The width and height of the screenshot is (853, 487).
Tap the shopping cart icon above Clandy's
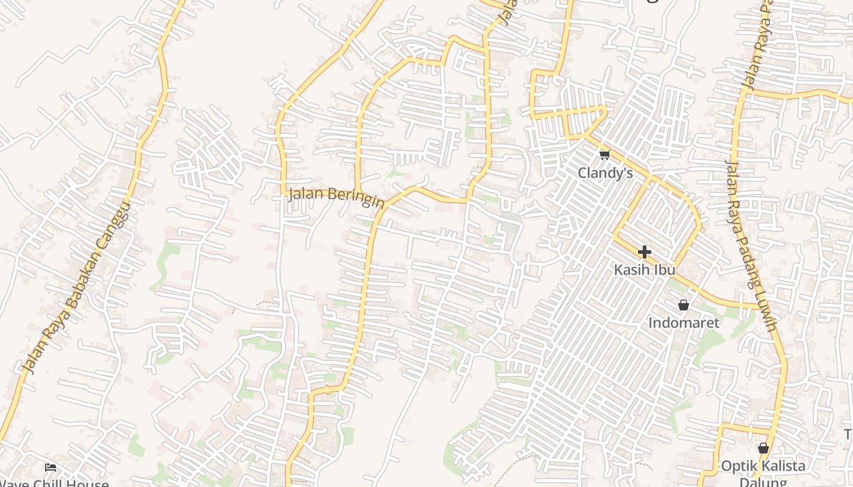click(x=604, y=155)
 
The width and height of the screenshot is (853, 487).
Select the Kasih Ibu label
click(x=645, y=270)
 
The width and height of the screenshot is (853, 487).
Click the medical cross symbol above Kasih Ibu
click(x=645, y=252)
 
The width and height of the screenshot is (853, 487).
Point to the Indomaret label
click(x=684, y=323)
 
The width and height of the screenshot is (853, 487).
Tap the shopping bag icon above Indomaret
click(x=684, y=305)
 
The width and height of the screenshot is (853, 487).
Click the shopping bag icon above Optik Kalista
click(x=763, y=449)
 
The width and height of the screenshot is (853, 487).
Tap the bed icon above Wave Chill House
click(x=51, y=468)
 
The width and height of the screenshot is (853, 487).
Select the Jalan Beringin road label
click(x=336, y=197)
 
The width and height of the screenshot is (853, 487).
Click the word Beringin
click(x=356, y=198)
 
